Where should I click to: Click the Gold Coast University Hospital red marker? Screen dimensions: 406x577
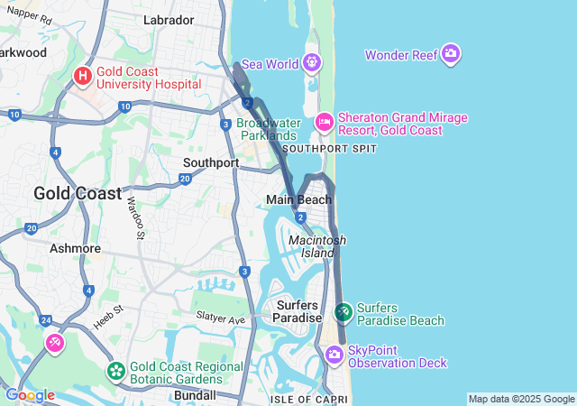(x=83, y=76)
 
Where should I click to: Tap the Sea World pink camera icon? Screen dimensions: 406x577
(x=312, y=63)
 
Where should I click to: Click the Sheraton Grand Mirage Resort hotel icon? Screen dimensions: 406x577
(x=325, y=121)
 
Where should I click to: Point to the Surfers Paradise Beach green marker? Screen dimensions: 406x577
(x=343, y=313)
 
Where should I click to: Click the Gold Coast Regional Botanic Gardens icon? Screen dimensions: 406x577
(x=115, y=371)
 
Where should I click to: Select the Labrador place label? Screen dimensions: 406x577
(x=169, y=20)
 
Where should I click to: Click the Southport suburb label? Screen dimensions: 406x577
(x=210, y=163)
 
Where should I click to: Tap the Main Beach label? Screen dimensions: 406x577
(x=298, y=199)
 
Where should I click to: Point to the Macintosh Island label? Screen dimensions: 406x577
(x=317, y=246)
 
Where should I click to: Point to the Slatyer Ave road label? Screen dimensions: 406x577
(x=221, y=319)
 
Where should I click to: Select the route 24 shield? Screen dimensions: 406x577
(x=45, y=320)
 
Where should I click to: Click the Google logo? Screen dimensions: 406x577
(x=29, y=395)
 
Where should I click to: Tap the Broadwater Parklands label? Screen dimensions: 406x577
(x=267, y=129)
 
